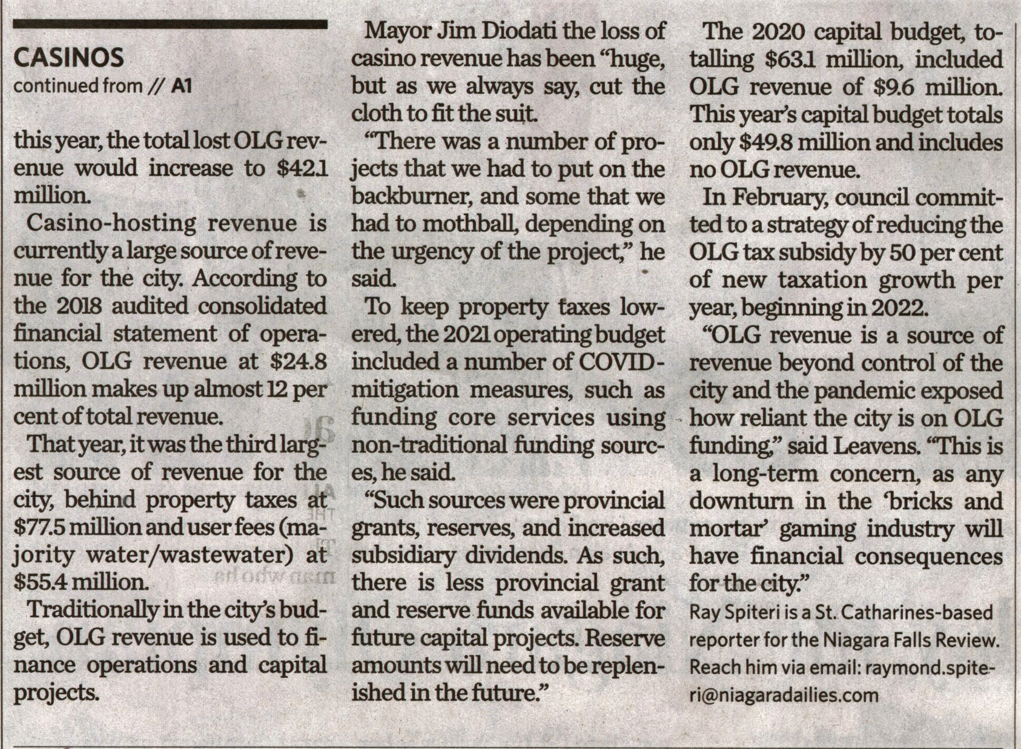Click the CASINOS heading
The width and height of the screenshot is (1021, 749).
pos(68,58)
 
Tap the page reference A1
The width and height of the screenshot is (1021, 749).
pos(182,87)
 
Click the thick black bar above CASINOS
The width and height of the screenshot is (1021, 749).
pos(170,25)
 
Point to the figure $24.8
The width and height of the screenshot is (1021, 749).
pos(297,361)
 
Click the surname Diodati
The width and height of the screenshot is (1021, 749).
pos(518,31)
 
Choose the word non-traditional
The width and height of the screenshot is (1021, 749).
pos(430,445)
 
